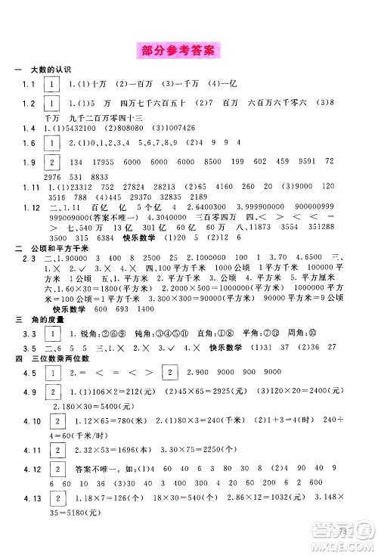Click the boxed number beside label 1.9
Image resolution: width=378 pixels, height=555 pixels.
point(51,162)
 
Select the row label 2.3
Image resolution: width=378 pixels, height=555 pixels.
point(28,260)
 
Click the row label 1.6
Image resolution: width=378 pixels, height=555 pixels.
point(28,143)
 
